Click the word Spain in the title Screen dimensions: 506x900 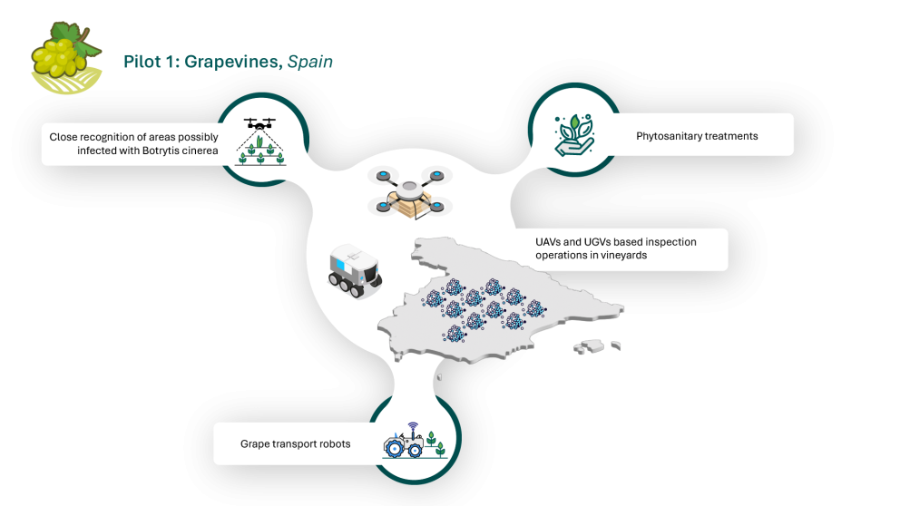pyautogui.click(x=310, y=62)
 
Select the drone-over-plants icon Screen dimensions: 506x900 pyautogui.click(x=261, y=140)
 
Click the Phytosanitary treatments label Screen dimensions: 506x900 pyautogui.click(x=697, y=136)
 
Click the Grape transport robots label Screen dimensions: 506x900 pyautogui.click(x=295, y=443)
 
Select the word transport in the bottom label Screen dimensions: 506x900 pyautogui.click(x=294, y=443)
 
